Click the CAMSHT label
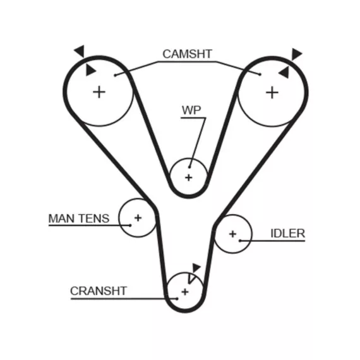[187, 54]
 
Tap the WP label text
[191, 110]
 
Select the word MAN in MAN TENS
[60, 219]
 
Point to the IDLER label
[287, 234]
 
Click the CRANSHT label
[99, 291]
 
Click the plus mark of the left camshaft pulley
[99, 92]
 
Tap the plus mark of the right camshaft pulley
[272, 93]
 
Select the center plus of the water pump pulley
[188, 177]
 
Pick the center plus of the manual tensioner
[138, 218]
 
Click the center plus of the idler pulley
[232, 234]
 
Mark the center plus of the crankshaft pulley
[185, 292]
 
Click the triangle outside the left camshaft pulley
[80, 51]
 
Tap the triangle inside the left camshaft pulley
[90, 70]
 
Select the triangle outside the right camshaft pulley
[296, 54]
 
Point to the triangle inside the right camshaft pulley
[284, 73]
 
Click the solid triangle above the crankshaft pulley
[196, 268]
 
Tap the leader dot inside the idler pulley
[240, 241]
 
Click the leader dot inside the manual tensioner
[130, 225]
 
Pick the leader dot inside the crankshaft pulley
[177, 299]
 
